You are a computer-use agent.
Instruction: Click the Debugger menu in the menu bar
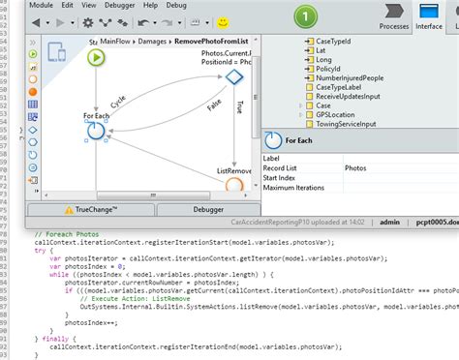tap(119, 5)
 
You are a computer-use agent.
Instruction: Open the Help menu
tap(150, 5)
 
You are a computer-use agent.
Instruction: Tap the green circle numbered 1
tap(304, 16)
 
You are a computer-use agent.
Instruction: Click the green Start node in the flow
tap(97, 57)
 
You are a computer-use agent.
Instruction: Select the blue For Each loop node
tap(96, 133)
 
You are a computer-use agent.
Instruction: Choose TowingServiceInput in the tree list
tap(350, 124)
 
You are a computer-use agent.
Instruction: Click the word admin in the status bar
tap(388, 223)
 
